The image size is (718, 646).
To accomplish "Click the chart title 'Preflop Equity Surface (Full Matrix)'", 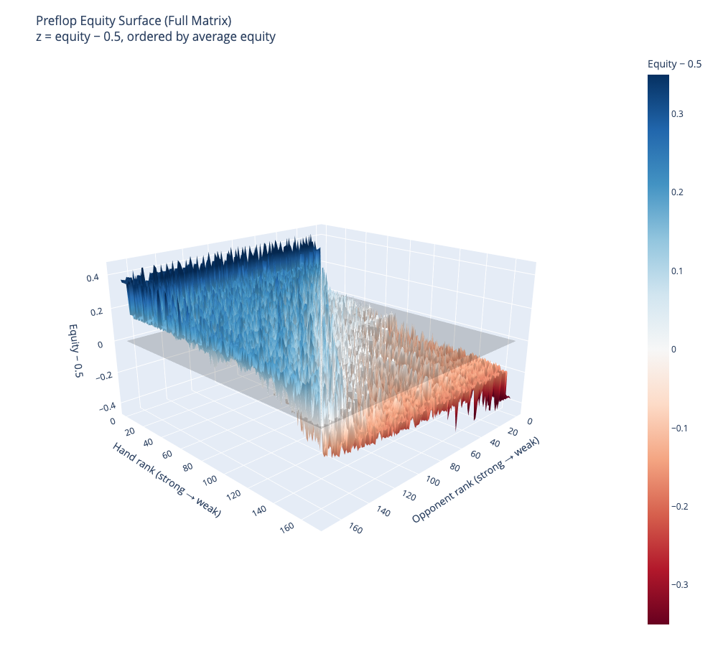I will pyautogui.click(x=134, y=20).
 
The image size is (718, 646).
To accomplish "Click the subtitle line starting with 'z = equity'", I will pyautogui.click(x=155, y=37).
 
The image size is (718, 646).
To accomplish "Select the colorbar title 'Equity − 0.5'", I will pyautogui.click(x=674, y=64).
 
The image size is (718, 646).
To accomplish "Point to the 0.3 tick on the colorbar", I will pyautogui.click(x=678, y=114).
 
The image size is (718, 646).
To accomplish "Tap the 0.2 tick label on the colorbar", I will pyautogui.click(x=678, y=192).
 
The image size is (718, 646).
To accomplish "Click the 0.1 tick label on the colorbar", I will pyautogui.click(x=678, y=271).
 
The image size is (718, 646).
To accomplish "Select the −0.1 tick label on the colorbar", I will pyautogui.click(x=680, y=428).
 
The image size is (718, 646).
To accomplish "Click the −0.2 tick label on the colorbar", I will pyautogui.click(x=680, y=506).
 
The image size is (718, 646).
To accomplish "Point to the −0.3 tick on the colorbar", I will pyautogui.click(x=680, y=584).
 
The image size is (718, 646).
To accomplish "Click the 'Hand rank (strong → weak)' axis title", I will pyautogui.click(x=166, y=479).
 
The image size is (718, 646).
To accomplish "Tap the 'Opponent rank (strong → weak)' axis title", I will pyautogui.click(x=475, y=479).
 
